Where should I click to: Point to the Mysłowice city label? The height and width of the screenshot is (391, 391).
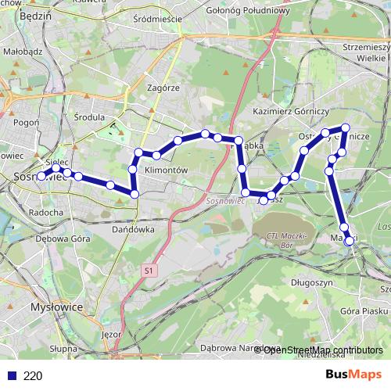[56, 307]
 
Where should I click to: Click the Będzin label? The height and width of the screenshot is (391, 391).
[34, 14]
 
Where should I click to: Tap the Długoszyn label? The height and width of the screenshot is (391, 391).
[312, 282]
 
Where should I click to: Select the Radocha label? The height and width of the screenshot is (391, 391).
[45, 212]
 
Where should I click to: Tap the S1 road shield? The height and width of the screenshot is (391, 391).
[148, 270]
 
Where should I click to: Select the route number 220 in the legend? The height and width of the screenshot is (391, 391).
[33, 375]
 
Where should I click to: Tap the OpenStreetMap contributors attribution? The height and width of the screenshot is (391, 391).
[322, 350]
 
